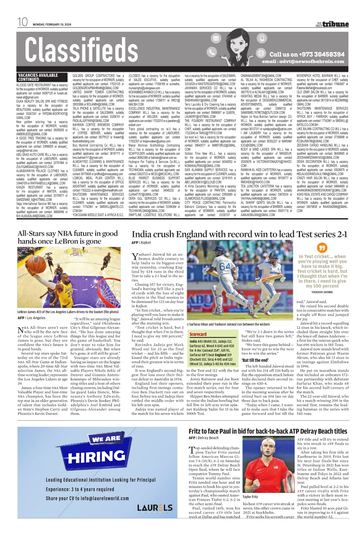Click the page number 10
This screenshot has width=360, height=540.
coord(23,22)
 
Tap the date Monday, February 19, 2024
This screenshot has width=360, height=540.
coord(52,25)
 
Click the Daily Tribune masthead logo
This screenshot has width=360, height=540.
coord(332,24)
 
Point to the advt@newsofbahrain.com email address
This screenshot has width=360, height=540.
coord(303,61)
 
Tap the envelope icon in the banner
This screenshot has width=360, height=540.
coord(216,38)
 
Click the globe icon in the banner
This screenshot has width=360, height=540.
coord(261,53)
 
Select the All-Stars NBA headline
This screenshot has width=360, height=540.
coord(68,237)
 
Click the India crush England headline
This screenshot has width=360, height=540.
coord(239,234)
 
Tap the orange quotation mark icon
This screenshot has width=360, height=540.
coord(322,248)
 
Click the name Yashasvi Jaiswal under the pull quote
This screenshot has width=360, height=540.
coord(322,292)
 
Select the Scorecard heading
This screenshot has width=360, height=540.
coord(198,334)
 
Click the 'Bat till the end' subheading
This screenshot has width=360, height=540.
coord(255,360)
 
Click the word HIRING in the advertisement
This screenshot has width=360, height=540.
coord(96,457)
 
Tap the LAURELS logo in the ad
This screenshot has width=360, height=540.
coord(155,508)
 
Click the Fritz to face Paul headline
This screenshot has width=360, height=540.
coord(268,431)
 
